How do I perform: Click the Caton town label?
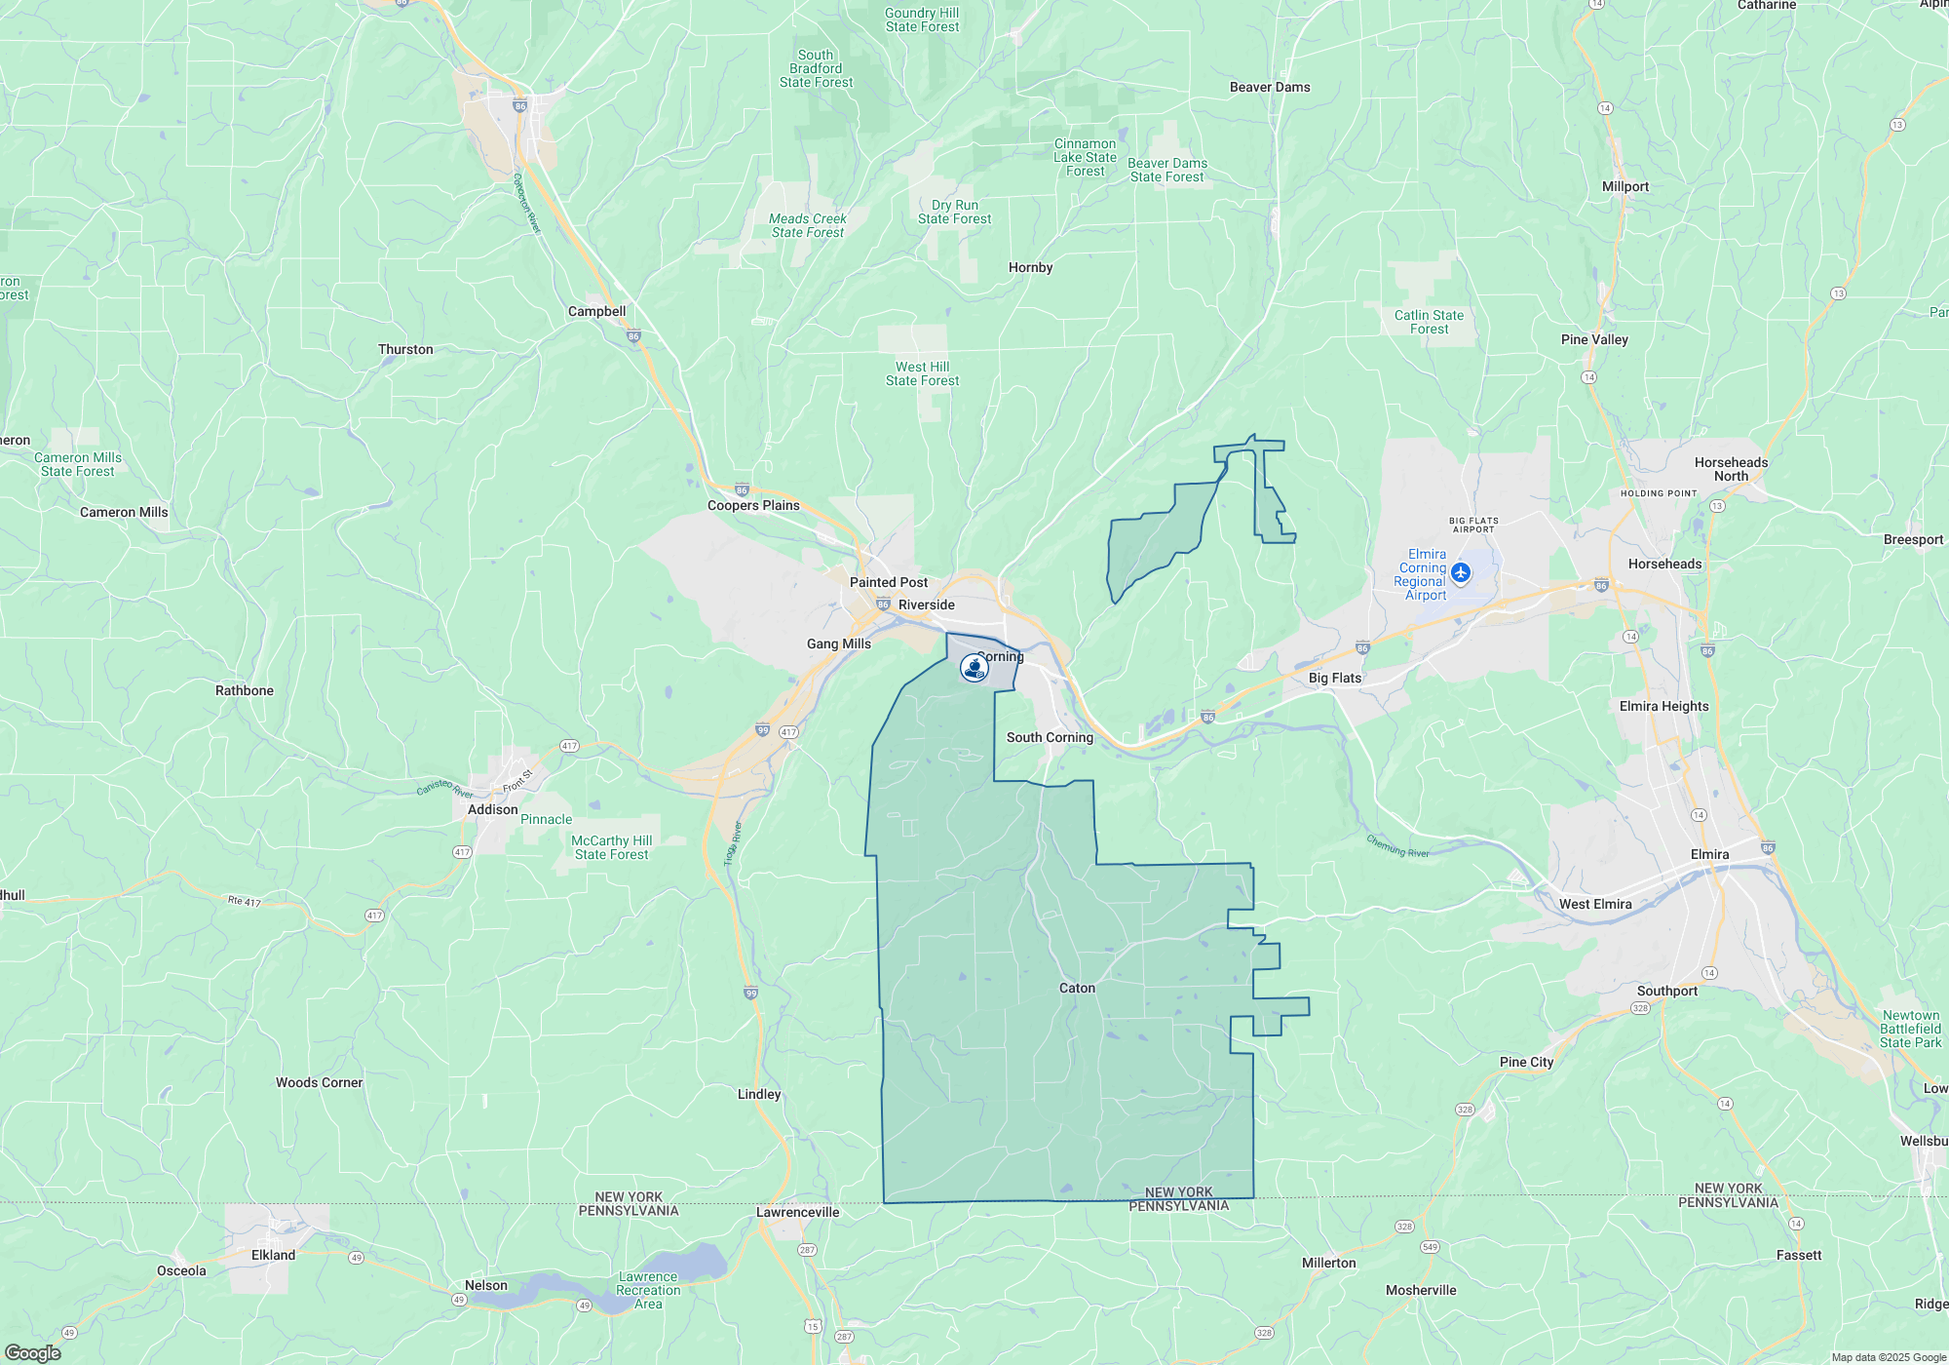1077,988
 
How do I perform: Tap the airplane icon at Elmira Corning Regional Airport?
1460,571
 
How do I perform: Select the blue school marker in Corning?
974,668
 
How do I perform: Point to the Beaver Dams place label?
1269,87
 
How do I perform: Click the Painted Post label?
888,582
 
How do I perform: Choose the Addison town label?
492,809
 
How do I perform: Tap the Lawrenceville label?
797,1212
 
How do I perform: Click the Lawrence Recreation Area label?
648,1290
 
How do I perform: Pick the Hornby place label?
1030,267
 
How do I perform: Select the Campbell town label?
596,311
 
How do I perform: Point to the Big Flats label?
1334,678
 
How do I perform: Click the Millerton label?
1328,1263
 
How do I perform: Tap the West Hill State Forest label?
922,373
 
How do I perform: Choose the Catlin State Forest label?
1429,322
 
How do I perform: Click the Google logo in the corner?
32,1352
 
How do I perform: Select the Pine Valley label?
1594,339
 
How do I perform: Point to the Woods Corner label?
319,1082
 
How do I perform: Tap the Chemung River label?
1397,846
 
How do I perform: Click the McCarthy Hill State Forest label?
611,847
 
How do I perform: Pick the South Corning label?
1050,737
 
